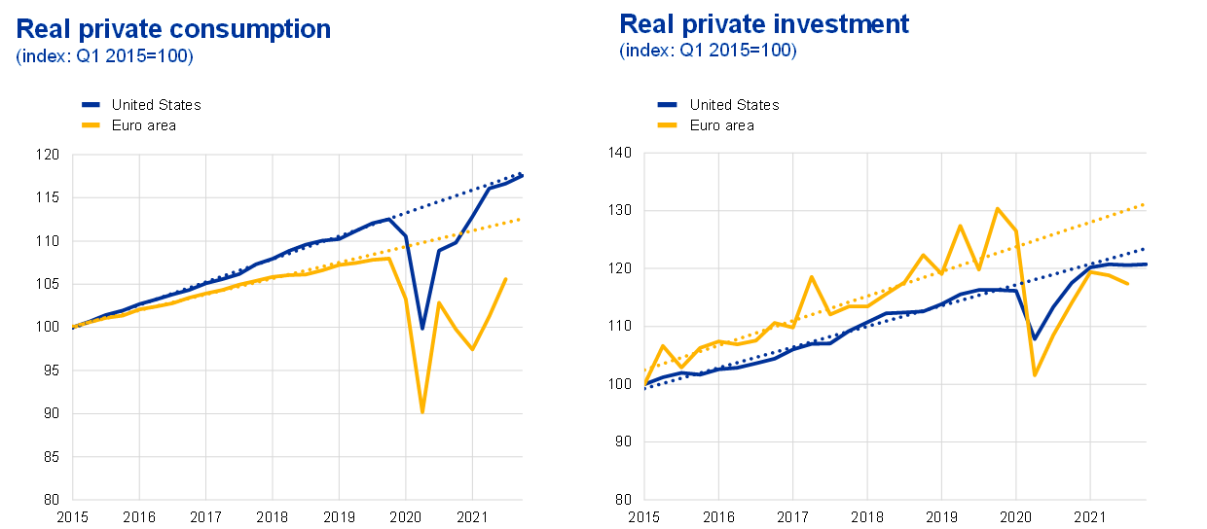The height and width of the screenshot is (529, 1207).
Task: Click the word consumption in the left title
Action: (258, 29)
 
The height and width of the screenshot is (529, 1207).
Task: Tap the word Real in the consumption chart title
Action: (42, 29)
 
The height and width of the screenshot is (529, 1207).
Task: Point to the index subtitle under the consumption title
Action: (104, 56)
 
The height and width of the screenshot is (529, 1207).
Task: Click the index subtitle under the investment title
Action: (708, 51)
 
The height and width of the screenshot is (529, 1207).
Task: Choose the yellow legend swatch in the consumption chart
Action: (91, 124)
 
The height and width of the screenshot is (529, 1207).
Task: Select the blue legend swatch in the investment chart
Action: (668, 104)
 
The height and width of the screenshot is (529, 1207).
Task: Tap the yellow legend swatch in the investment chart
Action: (668, 124)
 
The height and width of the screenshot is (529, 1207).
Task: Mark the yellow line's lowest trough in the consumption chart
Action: (422, 411)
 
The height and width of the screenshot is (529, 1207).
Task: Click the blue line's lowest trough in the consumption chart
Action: (422, 324)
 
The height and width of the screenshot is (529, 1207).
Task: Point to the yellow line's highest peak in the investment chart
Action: (998, 208)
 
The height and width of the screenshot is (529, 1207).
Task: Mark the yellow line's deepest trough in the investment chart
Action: (1035, 375)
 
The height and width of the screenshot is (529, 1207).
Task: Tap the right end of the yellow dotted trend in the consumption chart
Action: (522, 219)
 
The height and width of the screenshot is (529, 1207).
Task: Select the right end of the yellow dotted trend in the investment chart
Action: (1146, 204)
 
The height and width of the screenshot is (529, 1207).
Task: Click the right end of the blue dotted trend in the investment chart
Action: (1146, 248)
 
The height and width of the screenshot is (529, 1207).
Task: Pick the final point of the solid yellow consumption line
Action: (506, 279)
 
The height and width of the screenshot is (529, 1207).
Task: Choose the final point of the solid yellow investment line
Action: (1128, 284)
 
